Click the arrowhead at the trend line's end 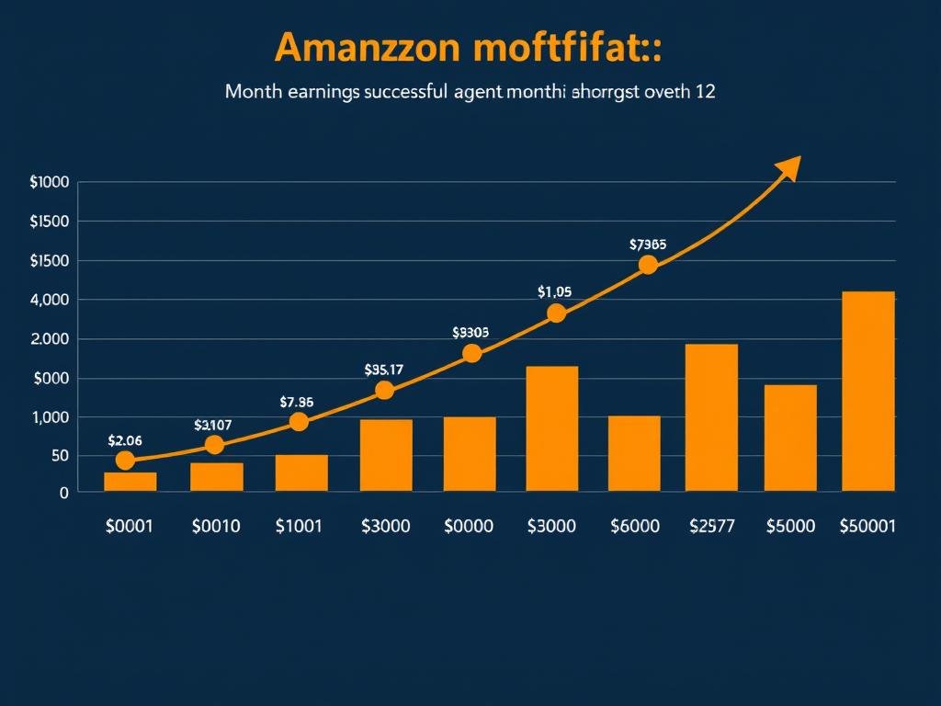789,168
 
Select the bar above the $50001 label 868,391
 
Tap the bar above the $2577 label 711,416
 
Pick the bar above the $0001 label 130,482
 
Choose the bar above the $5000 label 790,438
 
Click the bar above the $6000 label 634,453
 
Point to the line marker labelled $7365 648,265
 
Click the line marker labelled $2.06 125,461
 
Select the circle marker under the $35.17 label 384,390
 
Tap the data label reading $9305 470,333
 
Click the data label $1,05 554,291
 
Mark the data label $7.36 297,402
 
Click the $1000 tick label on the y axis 50,182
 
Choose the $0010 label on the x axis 216,526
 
